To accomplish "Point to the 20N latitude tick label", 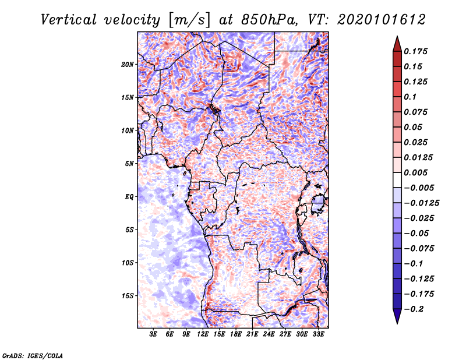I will tap(128, 64).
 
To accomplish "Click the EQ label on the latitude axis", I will tap(129, 197).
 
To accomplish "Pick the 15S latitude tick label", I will tap(128, 296).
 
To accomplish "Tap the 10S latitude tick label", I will tap(128, 263).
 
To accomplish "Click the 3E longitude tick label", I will tap(154, 336).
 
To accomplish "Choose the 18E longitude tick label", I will tap(236, 336).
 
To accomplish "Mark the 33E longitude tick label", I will tap(319, 336).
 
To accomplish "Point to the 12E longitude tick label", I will tap(203, 336).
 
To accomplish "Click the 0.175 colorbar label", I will tap(417, 51).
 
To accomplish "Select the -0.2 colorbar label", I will tap(415, 309).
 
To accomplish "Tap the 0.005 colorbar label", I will tap(417, 172).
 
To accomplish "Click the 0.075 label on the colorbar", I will tap(417, 112).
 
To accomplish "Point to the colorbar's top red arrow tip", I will tap(396, 38).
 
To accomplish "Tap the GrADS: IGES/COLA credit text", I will tap(33, 355).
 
